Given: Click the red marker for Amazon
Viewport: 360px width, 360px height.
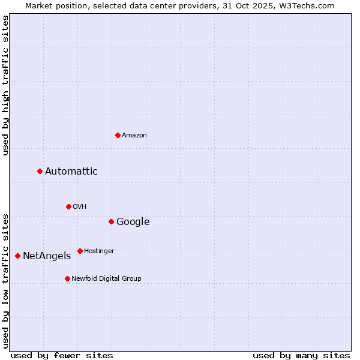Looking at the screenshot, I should click(x=118, y=135).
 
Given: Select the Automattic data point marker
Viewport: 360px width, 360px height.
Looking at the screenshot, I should click(x=40, y=172).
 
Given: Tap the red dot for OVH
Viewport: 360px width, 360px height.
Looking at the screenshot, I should click(x=68, y=206).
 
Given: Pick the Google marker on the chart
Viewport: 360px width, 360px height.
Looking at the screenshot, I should click(x=111, y=222).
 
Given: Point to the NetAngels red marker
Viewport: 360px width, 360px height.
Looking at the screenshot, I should click(x=17, y=256).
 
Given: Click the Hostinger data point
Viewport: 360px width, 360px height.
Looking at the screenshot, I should click(x=80, y=251).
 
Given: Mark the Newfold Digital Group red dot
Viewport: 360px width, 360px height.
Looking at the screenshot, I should click(x=67, y=278).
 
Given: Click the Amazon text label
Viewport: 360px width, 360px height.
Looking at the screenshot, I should click(x=134, y=136).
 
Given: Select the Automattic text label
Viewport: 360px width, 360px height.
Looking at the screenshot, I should click(x=71, y=172).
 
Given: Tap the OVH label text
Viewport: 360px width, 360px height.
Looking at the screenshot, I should click(x=80, y=207).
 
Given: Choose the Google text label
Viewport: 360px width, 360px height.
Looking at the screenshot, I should click(x=133, y=222).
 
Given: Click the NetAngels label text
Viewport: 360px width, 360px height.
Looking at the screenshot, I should click(x=47, y=256).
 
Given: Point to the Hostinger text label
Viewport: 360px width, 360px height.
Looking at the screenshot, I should click(x=99, y=251).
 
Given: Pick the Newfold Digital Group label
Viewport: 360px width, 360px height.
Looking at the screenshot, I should click(x=106, y=279).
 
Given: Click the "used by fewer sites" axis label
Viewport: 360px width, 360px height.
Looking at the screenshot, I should click(x=62, y=355).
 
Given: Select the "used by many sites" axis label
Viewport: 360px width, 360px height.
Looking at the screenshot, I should click(x=301, y=355).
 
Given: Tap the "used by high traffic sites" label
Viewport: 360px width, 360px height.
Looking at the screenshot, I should click(x=5, y=86).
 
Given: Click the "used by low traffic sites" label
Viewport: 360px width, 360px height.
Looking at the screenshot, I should click(x=5, y=281).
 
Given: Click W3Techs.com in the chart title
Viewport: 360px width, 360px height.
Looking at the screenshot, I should click(x=309, y=5).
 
